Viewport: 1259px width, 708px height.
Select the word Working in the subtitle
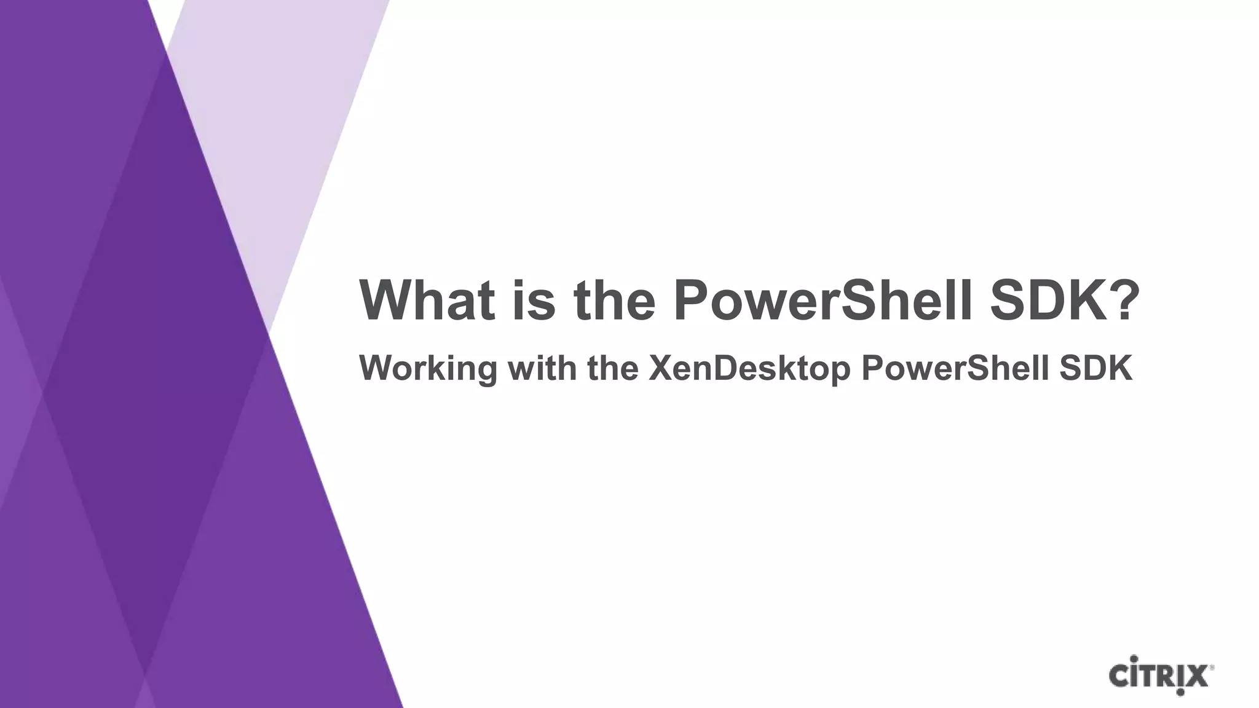[x=428, y=369]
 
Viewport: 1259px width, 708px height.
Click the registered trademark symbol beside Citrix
[x=1212, y=666]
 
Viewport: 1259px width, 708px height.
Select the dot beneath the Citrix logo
[x=1180, y=693]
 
